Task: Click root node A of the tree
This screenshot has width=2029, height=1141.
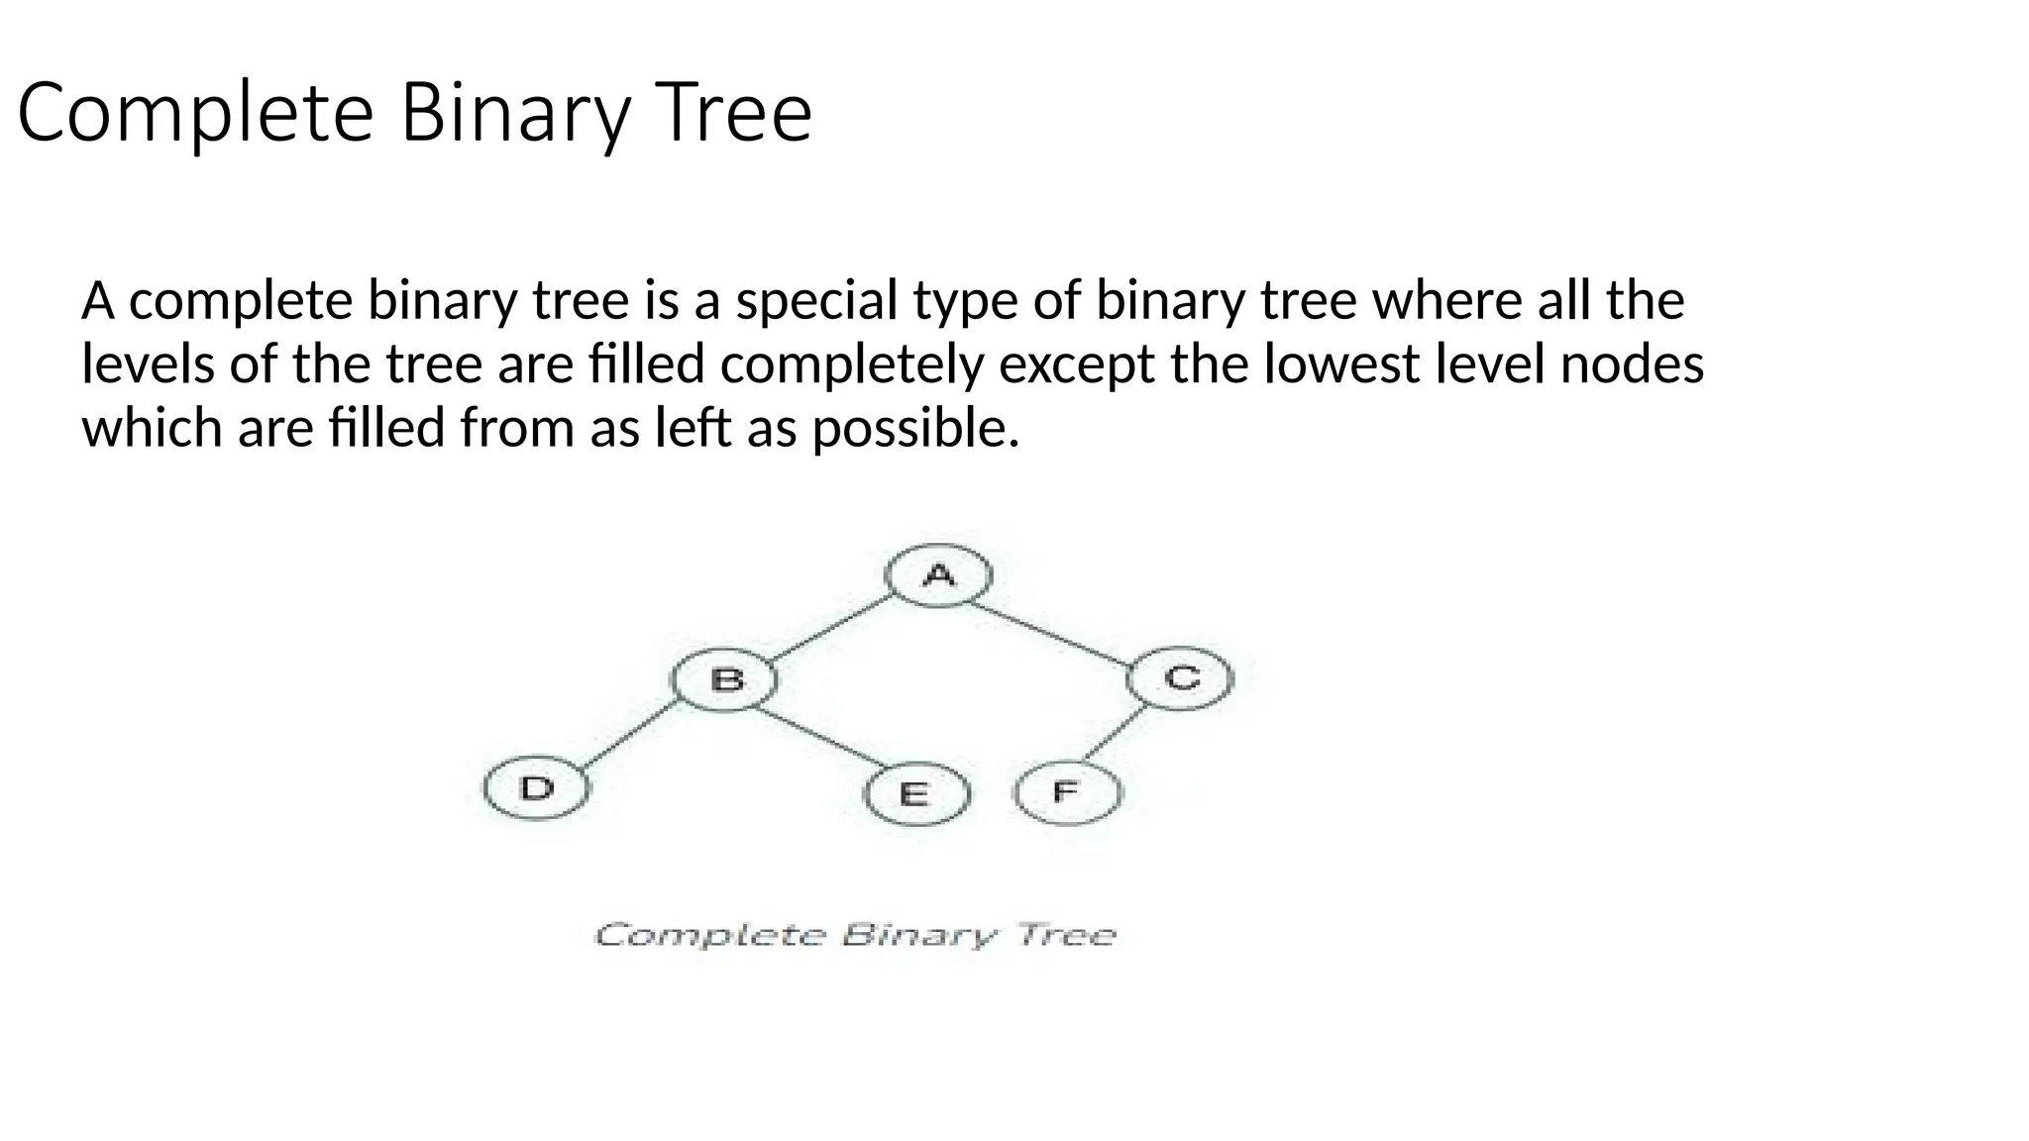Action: [938, 575]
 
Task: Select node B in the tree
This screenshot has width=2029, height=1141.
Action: [725, 680]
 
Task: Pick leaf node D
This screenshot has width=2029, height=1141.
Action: [536, 789]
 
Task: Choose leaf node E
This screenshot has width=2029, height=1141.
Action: [915, 794]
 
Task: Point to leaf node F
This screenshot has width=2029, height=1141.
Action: [1067, 792]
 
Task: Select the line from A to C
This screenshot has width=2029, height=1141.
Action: [1050, 631]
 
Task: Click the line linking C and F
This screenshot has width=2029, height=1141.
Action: [1117, 735]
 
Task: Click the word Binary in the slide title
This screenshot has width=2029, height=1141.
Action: [514, 112]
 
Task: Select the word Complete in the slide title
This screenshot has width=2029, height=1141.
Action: [195, 112]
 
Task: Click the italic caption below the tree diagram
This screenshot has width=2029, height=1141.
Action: [855, 935]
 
